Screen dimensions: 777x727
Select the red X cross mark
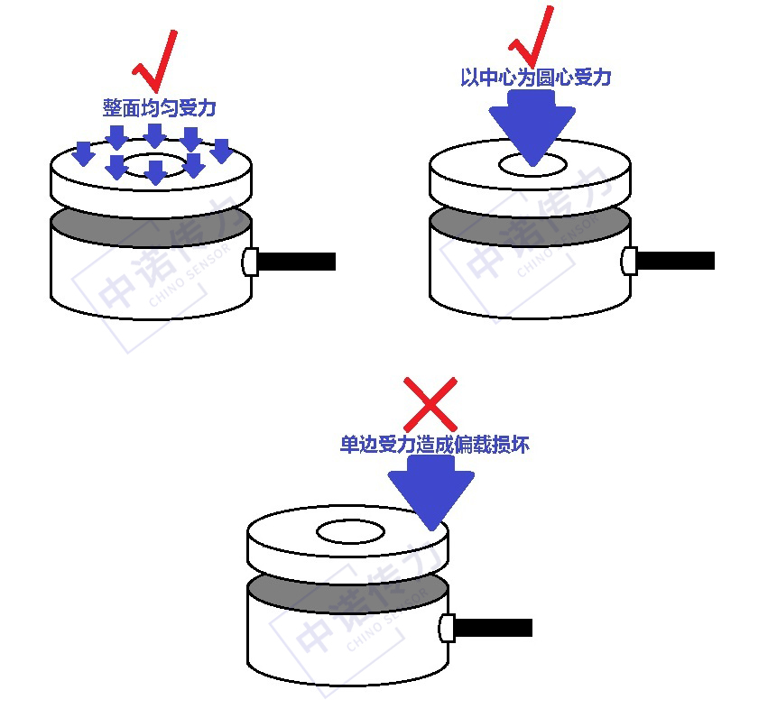[x=430, y=404]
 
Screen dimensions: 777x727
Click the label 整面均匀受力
[x=159, y=107]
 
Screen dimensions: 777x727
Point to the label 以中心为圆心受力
[x=536, y=78]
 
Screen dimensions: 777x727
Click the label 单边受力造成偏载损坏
[x=435, y=444]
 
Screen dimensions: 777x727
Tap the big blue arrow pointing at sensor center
[x=532, y=127]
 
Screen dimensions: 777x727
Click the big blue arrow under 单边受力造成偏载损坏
[x=431, y=492]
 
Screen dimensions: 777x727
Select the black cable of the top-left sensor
[x=297, y=262]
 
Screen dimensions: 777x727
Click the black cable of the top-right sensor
[x=675, y=261]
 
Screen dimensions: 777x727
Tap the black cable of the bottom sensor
[x=494, y=628]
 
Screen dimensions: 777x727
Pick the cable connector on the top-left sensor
[x=250, y=262]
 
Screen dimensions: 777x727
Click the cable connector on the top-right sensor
[x=629, y=261]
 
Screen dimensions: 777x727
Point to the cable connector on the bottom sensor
[x=447, y=628]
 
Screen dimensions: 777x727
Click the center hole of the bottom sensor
[x=351, y=532]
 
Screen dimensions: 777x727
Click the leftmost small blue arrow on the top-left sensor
[x=83, y=153]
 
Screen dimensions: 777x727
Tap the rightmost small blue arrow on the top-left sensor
[x=221, y=151]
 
